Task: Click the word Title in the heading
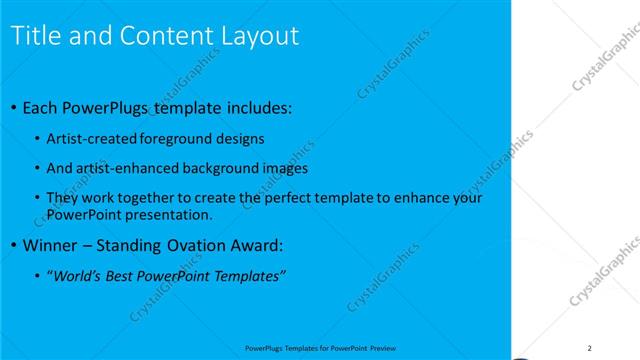(x=35, y=36)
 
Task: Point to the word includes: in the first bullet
(x=258, y=107)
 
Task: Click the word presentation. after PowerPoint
(x=173, y=214)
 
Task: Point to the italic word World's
(x=77, y=275)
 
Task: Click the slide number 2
(x=590, y=348)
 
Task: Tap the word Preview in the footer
(x=383, y=348)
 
